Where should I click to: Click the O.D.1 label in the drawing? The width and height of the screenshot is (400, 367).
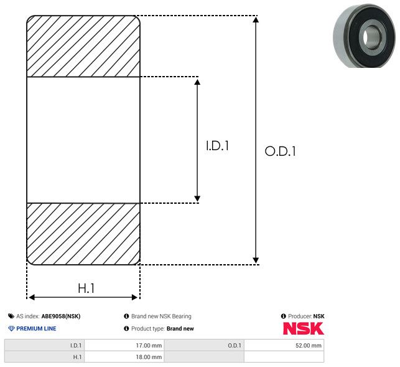[280, 151]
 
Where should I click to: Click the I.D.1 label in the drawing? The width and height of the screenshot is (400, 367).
[218, 146]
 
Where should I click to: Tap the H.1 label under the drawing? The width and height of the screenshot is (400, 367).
[86, 288]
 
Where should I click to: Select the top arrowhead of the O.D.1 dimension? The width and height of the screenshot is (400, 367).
[256, 21]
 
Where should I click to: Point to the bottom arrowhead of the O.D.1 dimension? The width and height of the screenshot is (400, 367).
[256, 259]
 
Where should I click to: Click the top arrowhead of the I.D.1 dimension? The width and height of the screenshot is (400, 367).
[198, 82]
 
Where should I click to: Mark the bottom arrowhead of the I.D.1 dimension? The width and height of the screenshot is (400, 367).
[198, 198]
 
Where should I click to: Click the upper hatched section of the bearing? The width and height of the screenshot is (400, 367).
[83, 46]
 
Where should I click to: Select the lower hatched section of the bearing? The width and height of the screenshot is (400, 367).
[83, 234]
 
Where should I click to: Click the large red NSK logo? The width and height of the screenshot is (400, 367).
[303, 328]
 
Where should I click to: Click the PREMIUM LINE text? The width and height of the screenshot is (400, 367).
[36, 328]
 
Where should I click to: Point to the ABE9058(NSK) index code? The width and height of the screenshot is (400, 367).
[61, 316]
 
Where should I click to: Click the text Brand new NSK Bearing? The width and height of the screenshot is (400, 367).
[161, 316]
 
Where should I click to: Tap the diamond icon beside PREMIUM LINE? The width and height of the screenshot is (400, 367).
[11, 328]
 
